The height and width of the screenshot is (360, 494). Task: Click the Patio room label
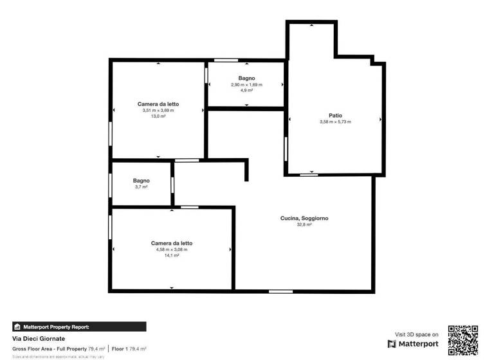click(x=335, y=115)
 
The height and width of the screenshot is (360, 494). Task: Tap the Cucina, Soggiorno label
click(x=304, y=219)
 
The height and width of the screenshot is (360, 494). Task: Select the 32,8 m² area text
click(x=304, y=225)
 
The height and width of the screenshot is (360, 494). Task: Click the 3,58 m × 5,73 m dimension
click(x=335, y=122)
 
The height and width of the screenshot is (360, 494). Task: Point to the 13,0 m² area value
click(x=158, y=116)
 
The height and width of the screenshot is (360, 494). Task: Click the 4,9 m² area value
click(x=246, y=91)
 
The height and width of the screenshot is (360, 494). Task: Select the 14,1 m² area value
click(x=172, y=255)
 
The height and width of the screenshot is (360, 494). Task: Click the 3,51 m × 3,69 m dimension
click(x=158, y=111)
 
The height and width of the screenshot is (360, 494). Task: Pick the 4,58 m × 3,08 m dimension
click(x=172, y=249)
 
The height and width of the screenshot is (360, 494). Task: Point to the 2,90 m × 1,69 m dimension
click(x=246, y=85)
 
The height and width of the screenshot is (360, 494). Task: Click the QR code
click(x=463, y=341)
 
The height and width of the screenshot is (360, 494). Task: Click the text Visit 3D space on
click(x=417, y=334)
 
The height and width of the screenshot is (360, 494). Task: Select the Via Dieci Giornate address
click(x=39, y=339)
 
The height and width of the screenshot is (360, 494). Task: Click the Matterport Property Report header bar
click(x=79, y=327)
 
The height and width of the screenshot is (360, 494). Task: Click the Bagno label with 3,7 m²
click(x=142, y=181)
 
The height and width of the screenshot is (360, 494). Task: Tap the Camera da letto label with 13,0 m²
click(x=158, y=104)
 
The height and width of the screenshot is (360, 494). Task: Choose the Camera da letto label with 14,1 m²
click(x=172, y=243)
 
